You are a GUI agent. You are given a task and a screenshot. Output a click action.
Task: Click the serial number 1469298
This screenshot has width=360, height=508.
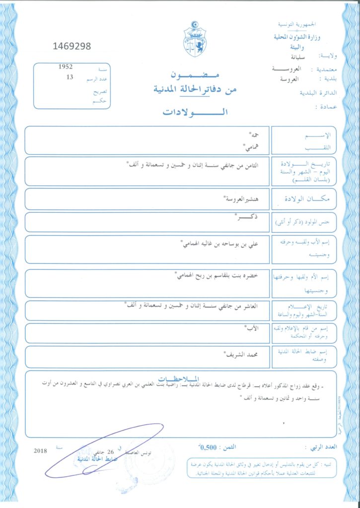(72, 47)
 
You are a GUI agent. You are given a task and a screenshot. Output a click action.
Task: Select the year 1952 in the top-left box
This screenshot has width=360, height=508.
(66, 66)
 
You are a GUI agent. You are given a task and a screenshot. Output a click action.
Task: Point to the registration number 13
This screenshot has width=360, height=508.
(69, 77)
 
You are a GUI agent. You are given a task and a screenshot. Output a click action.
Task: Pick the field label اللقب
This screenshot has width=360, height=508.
(326, 147)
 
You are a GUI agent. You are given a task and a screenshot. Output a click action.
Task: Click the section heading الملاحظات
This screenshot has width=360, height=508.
(181, 376)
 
